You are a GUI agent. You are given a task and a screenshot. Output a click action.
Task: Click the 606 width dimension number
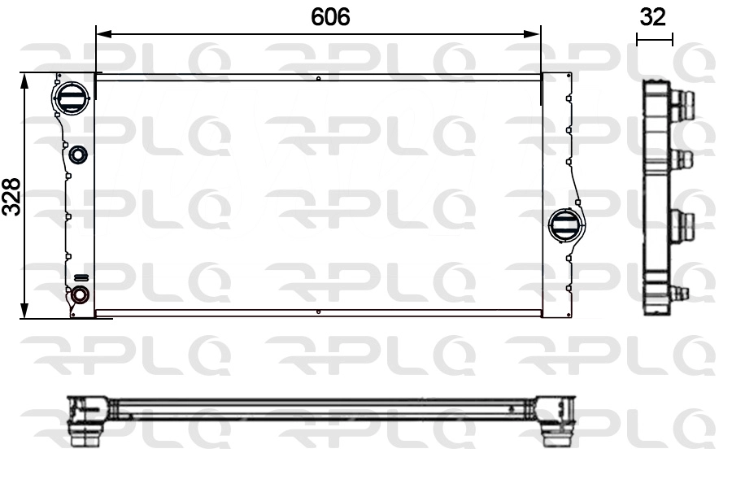click(x=331, y=17)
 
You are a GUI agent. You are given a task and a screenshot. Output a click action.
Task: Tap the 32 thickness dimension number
click(x=654, y=17)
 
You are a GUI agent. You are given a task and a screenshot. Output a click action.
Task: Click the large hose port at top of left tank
click(x=68, y=99)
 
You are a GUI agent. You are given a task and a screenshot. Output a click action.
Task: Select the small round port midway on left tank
click(x=79, y=155)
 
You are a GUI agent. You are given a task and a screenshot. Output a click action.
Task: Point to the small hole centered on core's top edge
click(x=318, y=79)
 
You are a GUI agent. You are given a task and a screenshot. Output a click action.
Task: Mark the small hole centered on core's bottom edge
click(x=318, y=312)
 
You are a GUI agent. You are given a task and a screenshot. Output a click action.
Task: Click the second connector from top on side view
click(x=683, y=159)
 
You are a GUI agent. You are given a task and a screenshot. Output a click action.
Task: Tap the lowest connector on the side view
click(x=679, y=293)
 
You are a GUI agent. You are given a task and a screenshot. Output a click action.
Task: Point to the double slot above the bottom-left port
click(x=81, y=277)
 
